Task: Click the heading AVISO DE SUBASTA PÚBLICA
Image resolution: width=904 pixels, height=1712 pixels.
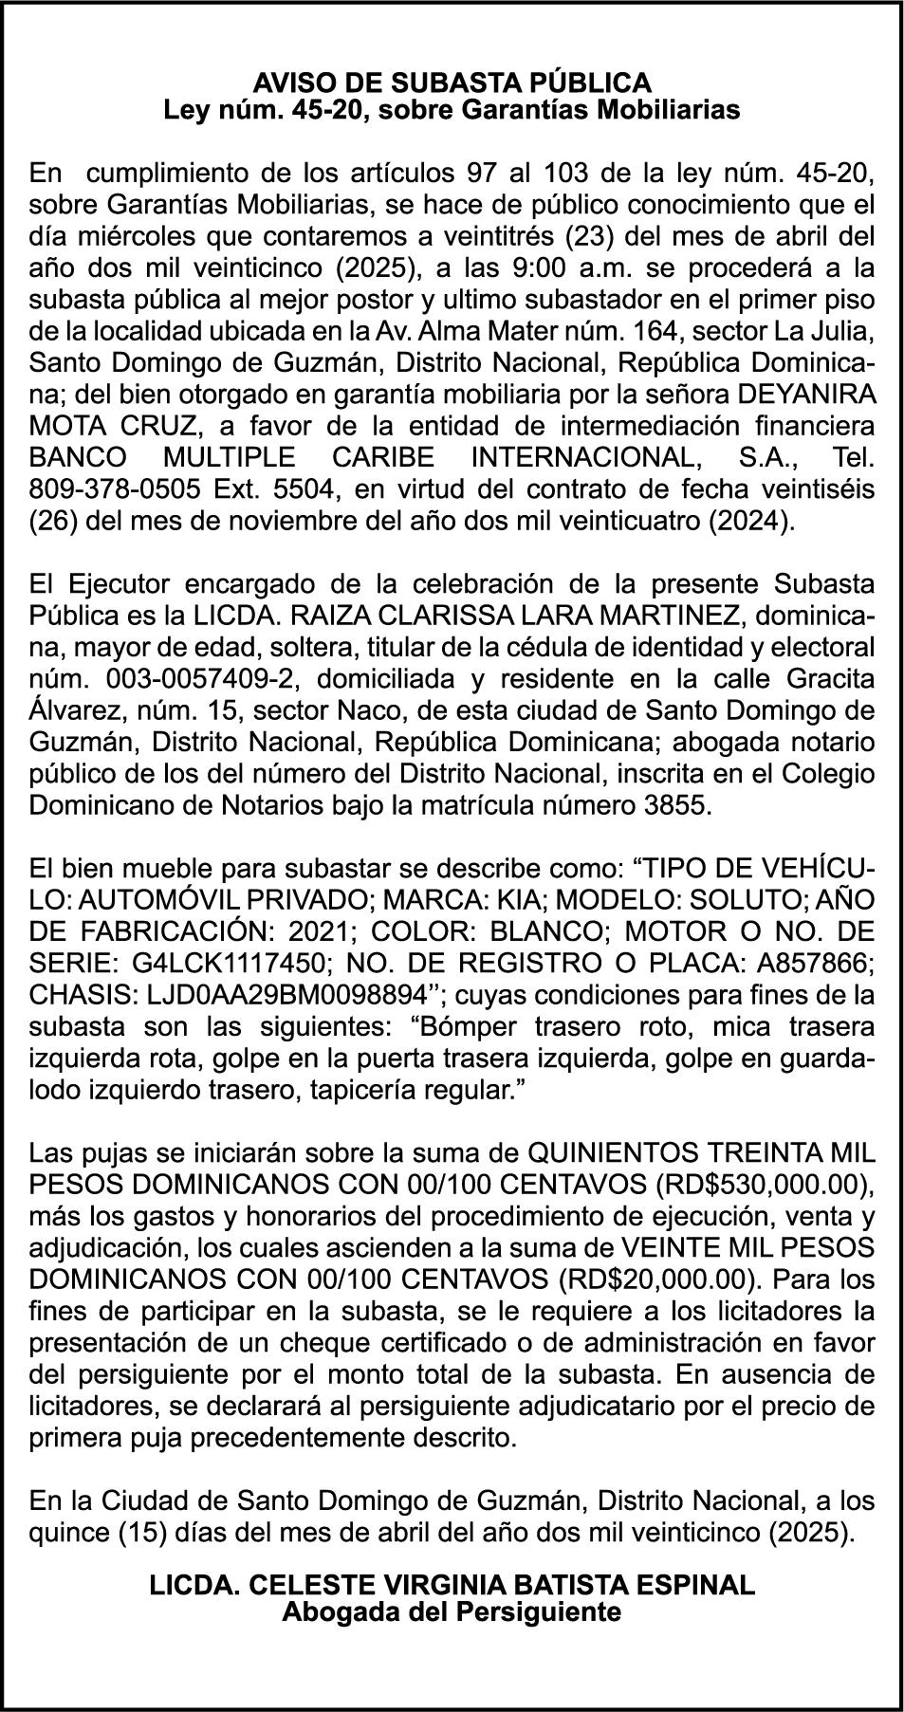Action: point(452,83)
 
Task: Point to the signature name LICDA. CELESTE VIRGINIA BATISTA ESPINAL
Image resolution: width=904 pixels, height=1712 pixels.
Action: point(452,1584)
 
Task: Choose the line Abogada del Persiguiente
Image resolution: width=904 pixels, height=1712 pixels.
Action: point(452,1611)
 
